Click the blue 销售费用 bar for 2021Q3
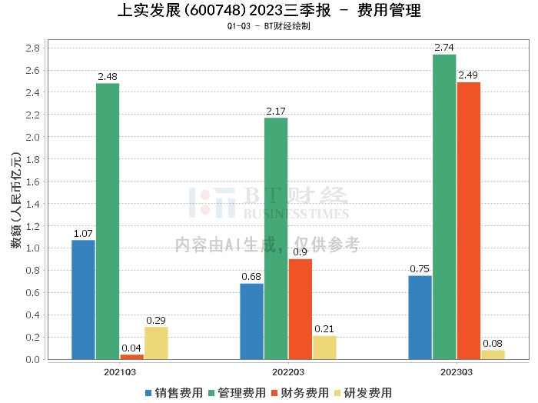(83, 300)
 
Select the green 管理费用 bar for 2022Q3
(276, 238)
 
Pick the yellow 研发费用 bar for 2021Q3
(156, 343)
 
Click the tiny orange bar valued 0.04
(131, 357)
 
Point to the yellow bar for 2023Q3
(493, 355)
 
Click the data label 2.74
(444, 48)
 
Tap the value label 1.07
(83, 233)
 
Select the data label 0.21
(324, 329)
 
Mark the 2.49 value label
(468, 75)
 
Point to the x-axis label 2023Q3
(457, 371)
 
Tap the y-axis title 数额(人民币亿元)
(15, 204)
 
